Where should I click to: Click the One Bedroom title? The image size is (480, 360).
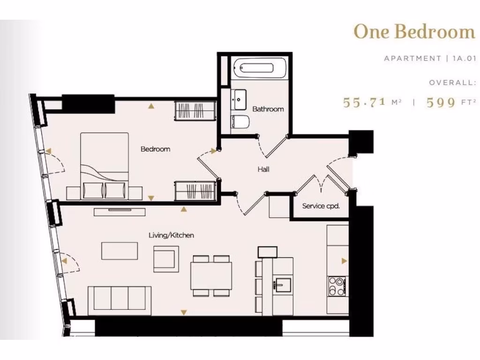[414, 31]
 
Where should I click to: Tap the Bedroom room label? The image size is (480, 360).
[155, 149]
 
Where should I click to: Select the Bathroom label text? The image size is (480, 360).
[268, 109]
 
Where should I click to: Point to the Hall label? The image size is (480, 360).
[263, 169]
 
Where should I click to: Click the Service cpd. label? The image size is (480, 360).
[321, 206]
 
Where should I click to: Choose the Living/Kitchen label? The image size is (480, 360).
[171, 235]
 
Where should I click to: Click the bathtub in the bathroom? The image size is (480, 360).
[254, 68]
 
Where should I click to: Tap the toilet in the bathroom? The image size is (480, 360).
[240, 122]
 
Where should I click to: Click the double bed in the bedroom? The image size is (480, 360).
[105, 162]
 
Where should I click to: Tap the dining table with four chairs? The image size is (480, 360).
[211, 276]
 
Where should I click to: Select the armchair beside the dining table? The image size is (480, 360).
[166, 259]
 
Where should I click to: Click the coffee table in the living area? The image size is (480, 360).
[120, 250]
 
